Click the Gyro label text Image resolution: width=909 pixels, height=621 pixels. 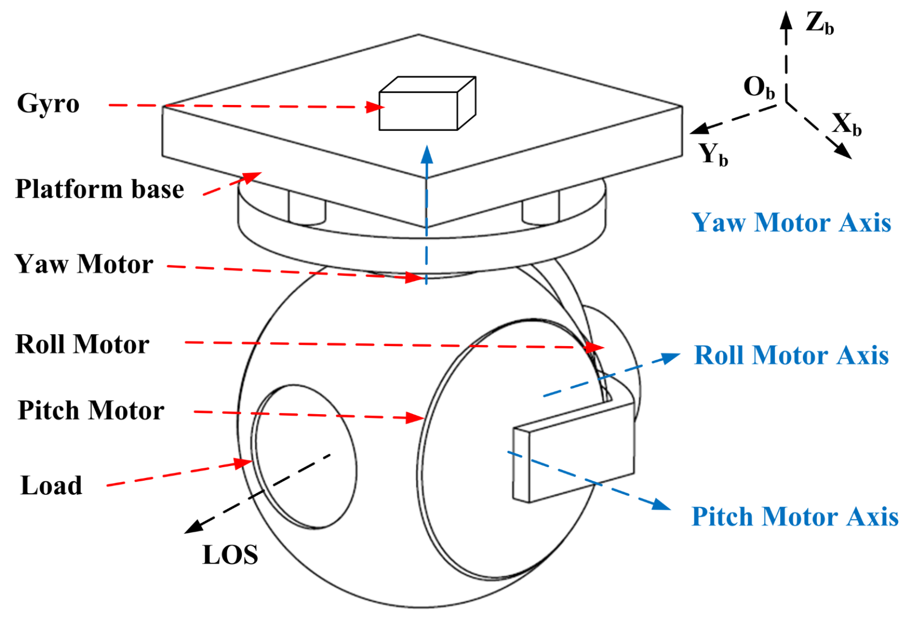click(x=48, y=103)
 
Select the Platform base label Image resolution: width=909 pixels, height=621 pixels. click(x=99, y=189)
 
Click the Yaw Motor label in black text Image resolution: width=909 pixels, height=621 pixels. click(x=84, y=264)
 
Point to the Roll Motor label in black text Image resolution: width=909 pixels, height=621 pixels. click(x=82, y=344)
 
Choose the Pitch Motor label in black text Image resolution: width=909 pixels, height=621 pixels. click(x=91, y=410)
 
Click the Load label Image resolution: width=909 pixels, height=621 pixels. click(x=51, y=486)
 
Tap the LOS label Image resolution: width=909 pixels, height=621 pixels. click(x=230, y=554)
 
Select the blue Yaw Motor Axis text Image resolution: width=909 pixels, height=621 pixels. click(x=791, y=222)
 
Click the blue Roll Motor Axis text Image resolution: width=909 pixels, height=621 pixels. click(x=791, y=355)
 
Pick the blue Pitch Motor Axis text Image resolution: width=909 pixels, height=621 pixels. click(x=795, y=517)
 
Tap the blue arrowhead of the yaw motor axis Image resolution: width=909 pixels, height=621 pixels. click(x=427, y=154)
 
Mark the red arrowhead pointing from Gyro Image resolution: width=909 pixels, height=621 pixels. click(x=375, y=107)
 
